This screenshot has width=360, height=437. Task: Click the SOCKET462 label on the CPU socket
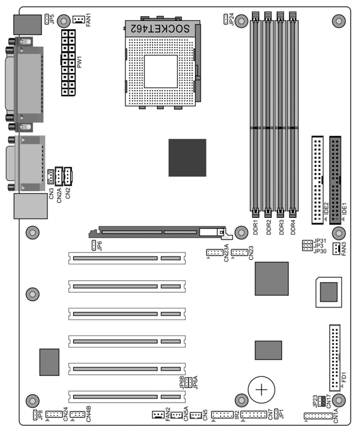click(x=160, y=28)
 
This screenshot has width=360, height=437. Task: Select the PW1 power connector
click(x=68, y=63)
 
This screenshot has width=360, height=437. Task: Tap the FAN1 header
click(x=78, y=19)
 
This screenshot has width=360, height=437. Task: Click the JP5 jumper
click(x=46, y=19)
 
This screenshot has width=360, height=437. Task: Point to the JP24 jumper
click(x=225, y=19)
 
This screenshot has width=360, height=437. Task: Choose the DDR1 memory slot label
click(x=256, y=227)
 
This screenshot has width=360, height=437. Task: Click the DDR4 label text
click(x=292, y=227)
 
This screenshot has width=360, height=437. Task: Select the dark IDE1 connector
click(x=335, y=180)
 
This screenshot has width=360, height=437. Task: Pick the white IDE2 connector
click(x=317, y=180)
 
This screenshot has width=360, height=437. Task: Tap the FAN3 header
click(x=336, y=249)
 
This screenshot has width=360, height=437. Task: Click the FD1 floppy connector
click(x=334, y=358)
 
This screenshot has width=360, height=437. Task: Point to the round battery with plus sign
click(x=261, y=389)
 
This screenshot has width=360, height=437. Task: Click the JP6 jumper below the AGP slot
click(x=94, y=245)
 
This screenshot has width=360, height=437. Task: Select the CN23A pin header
click(x=214, y=252)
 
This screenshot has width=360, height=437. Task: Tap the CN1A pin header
click(x=318, y=416)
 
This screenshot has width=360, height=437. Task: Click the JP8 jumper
click(x=35, y=415)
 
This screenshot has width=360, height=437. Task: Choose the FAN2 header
click(x=158, y=414)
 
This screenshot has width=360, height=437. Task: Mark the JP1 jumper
click(x=276, y=414)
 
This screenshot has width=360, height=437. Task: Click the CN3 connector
click(x=50, y=176)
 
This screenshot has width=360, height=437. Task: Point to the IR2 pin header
click(x=222, y=414)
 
